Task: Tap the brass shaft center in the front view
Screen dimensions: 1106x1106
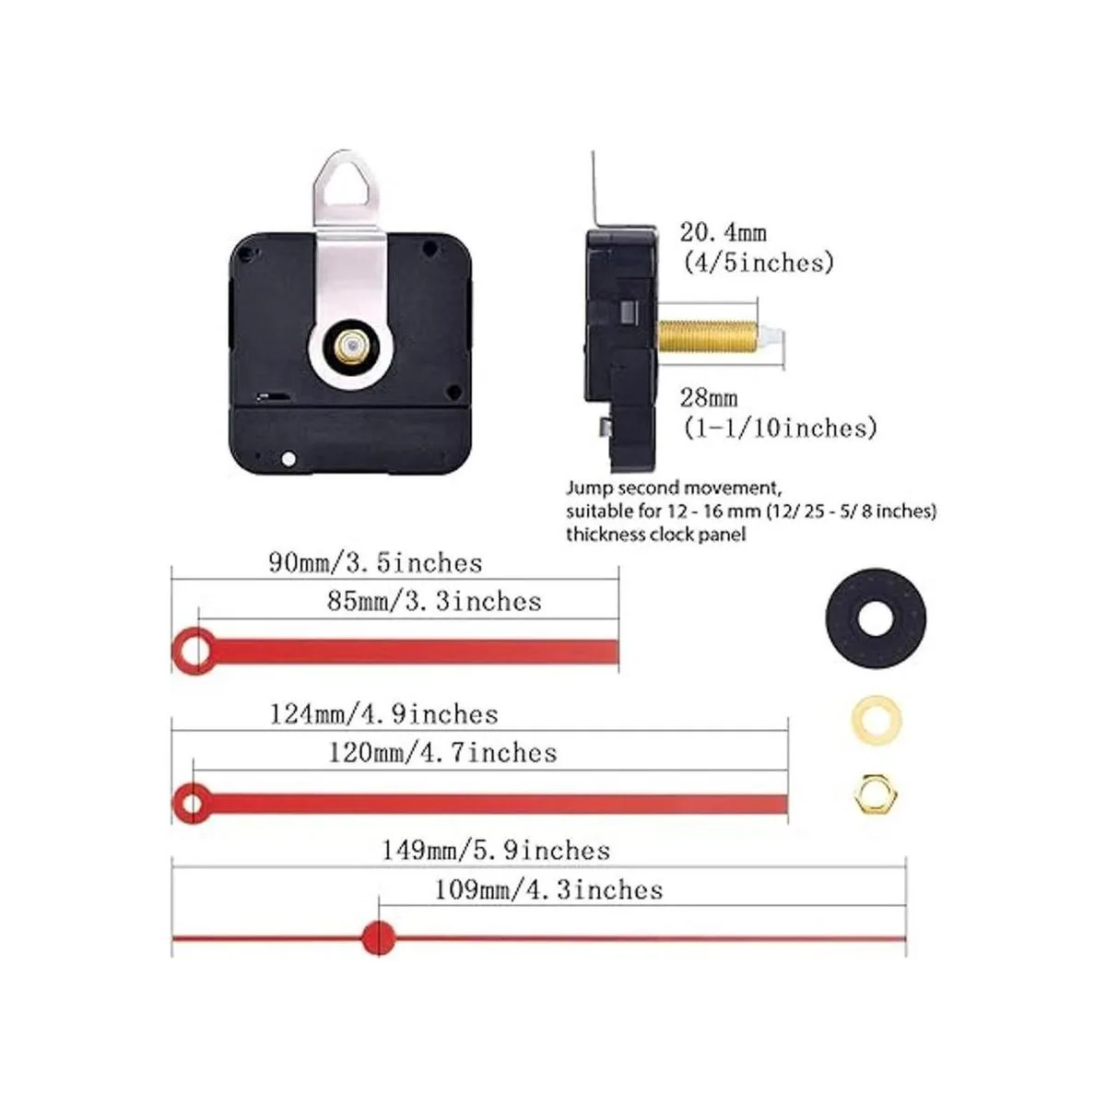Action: pos(349,345)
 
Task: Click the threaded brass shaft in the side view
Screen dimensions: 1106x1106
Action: pos(707,337)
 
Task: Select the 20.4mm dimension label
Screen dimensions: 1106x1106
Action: pos(724,232)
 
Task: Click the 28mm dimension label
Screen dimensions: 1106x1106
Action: pos(709,397)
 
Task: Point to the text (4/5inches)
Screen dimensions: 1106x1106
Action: pos(758,263)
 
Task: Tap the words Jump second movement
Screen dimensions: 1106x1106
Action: pos(674,488)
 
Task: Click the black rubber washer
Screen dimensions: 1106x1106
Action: pos(876,619)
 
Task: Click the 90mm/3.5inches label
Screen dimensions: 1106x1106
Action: pos(375,563)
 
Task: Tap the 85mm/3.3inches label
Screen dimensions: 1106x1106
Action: pos(434,602)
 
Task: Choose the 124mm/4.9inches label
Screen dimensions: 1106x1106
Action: pos(383,714)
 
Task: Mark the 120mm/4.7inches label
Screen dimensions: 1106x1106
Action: pos(442,752)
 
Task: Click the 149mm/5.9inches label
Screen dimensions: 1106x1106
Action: pos(496,850)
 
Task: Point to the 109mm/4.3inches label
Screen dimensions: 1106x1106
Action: pos(548,890)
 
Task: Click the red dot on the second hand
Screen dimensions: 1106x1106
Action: pos(379,939)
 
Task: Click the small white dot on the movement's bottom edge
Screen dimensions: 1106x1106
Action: pos(288,459)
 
